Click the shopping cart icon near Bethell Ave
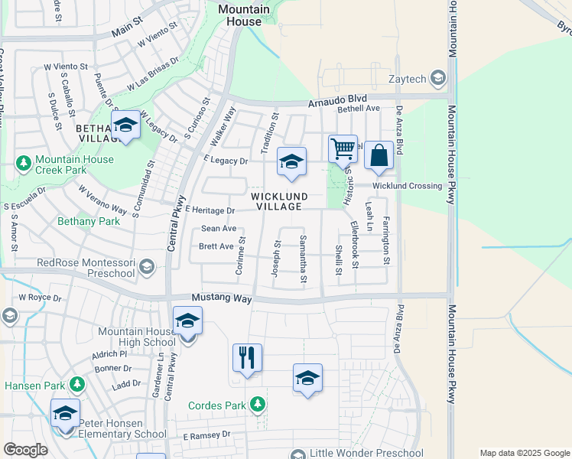[343, 148]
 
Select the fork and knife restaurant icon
[247, 358]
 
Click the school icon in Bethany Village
[125, 125]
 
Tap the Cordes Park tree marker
[258, 404]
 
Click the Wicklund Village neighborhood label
[279, 202]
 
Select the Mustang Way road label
[222, 298]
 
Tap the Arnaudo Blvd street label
[337, 100]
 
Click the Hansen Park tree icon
[76, 385]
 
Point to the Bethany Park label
[89, 221]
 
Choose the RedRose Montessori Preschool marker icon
[146, 267]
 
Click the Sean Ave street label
[219, 229]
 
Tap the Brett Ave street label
[216, 246]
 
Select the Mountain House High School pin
[187, 321]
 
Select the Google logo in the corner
[26, 450]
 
